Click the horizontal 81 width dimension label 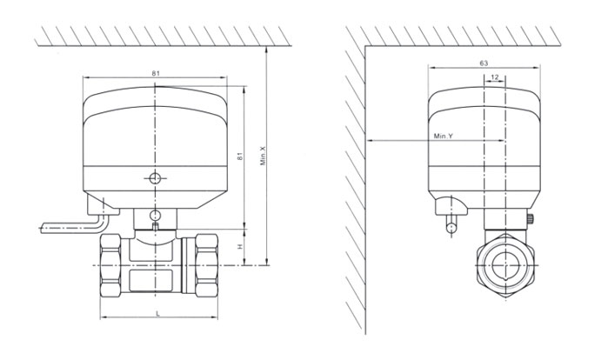click(x=155, y=73)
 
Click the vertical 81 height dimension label click(x=239, y=157)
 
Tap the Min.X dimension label click(x=263, y=156)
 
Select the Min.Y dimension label click(x=444, y=136)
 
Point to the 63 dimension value click(x=484, y=63)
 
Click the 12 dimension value click(x=494, y=77)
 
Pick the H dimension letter click(x=240, y=246)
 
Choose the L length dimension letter click(x=157, y=314)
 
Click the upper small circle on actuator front click(x=155, y=178)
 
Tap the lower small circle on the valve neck click(x=155, y=215)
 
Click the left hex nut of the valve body click(x=110, y=265)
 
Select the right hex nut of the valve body click(x=206, y=265)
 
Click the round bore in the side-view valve click(x=505, y=265)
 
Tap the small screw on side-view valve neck click(x=530, y=219)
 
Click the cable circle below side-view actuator click(x=451, y=228)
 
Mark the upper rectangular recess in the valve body click(x=150, y=250)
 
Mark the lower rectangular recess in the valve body click(x=150, y=280)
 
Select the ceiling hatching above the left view click(x=163, y=36)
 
